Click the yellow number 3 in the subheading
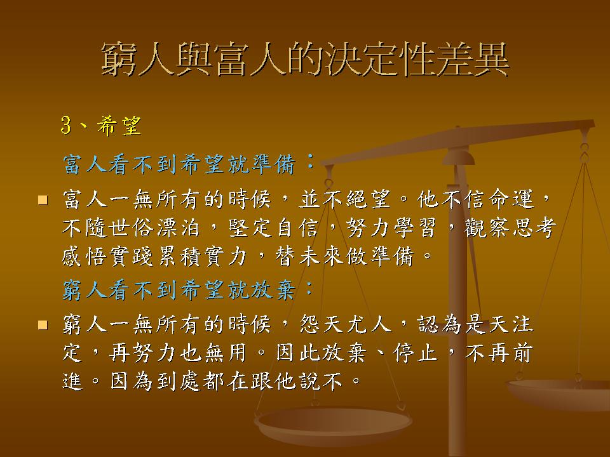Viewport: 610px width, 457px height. [x=66, y=125]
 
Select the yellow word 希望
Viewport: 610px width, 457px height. [x=119, y=125]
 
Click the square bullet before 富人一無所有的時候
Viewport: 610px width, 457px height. [x=43, y=200]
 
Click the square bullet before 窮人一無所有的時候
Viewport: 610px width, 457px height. [x=43, y=324]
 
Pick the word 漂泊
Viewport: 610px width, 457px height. [x=178, y=227]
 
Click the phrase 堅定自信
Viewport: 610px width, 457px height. [x=273, y=227]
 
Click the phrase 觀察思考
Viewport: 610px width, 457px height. [x=510, y=227]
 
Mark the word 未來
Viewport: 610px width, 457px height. [x=320, y=256]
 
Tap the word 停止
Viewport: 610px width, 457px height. [x=415, y=352]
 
